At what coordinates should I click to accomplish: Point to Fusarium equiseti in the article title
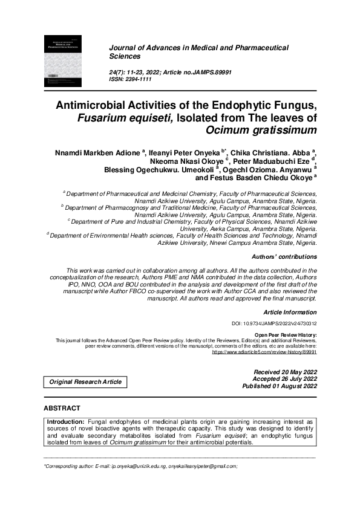125,117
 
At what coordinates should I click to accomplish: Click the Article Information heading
290,312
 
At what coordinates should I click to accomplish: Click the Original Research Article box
85,381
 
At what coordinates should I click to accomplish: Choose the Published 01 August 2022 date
279,386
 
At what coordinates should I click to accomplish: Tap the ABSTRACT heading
62,409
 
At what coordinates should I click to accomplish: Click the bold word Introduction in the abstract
66,421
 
